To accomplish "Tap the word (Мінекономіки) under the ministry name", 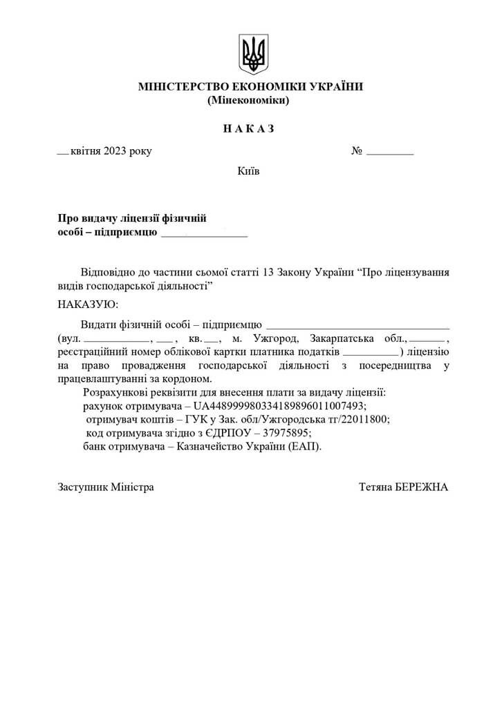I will [x=248, y=100].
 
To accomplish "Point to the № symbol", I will [x=357, y=151].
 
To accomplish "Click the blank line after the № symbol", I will [x=389, y=153].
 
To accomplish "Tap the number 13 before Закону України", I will [x=270, y=272].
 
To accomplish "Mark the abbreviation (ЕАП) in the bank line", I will [x=306, y=446].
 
